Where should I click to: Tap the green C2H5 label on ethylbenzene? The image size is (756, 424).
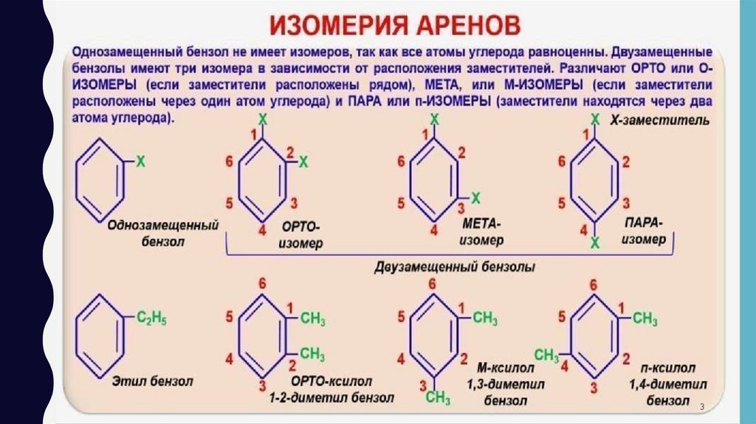click(x=151, y=319)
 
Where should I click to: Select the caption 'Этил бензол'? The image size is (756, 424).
click(x=152, y=382)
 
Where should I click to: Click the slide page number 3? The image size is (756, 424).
click(x=702, y=408)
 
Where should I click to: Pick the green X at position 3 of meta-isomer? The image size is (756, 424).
click(x=476, y=197)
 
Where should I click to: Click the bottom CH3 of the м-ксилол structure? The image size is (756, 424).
click(x=438, y=399)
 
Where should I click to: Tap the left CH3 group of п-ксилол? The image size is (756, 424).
click(x=546, y=355)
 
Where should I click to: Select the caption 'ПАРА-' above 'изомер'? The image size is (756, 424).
click(x=643, y=223)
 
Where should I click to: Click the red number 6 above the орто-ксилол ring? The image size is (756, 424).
click(x=263, y=285)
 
